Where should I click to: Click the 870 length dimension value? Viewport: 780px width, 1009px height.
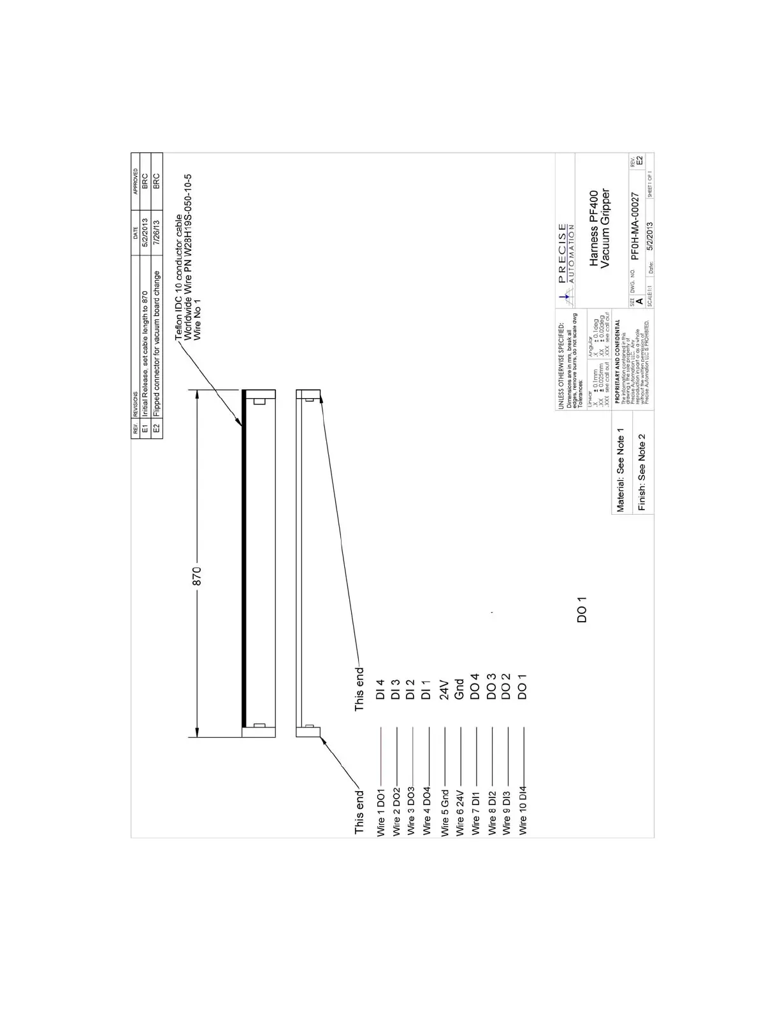point(197,576)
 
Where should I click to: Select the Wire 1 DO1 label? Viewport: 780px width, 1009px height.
point(381,813)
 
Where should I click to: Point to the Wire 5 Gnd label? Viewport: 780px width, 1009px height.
point(445,812)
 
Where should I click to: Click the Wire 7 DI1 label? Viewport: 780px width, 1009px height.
point(475,813)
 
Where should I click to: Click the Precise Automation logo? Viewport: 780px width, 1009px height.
point(564,262)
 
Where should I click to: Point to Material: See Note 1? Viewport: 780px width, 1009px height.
point(620,470)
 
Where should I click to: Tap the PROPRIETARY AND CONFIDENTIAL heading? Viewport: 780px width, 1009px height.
point(617,361)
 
